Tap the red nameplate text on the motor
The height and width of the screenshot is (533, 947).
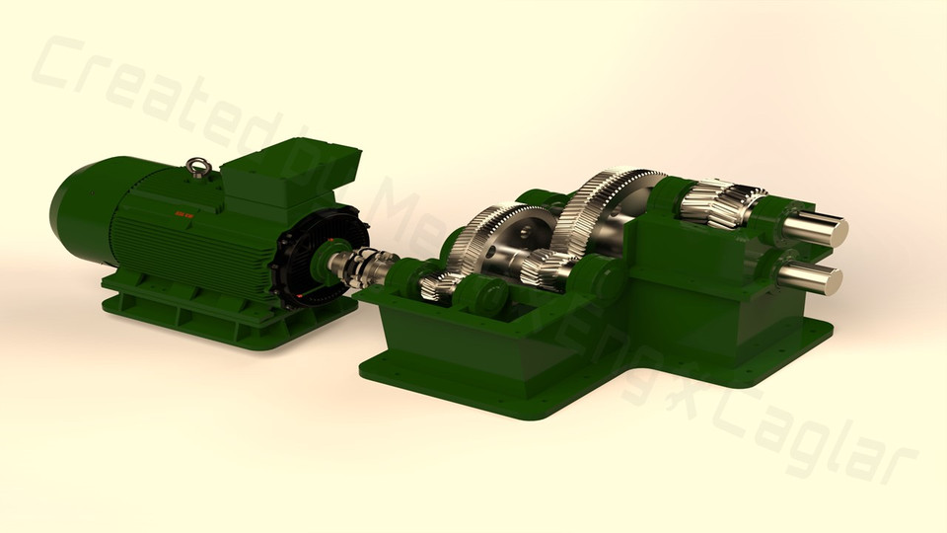click(185, 211)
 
